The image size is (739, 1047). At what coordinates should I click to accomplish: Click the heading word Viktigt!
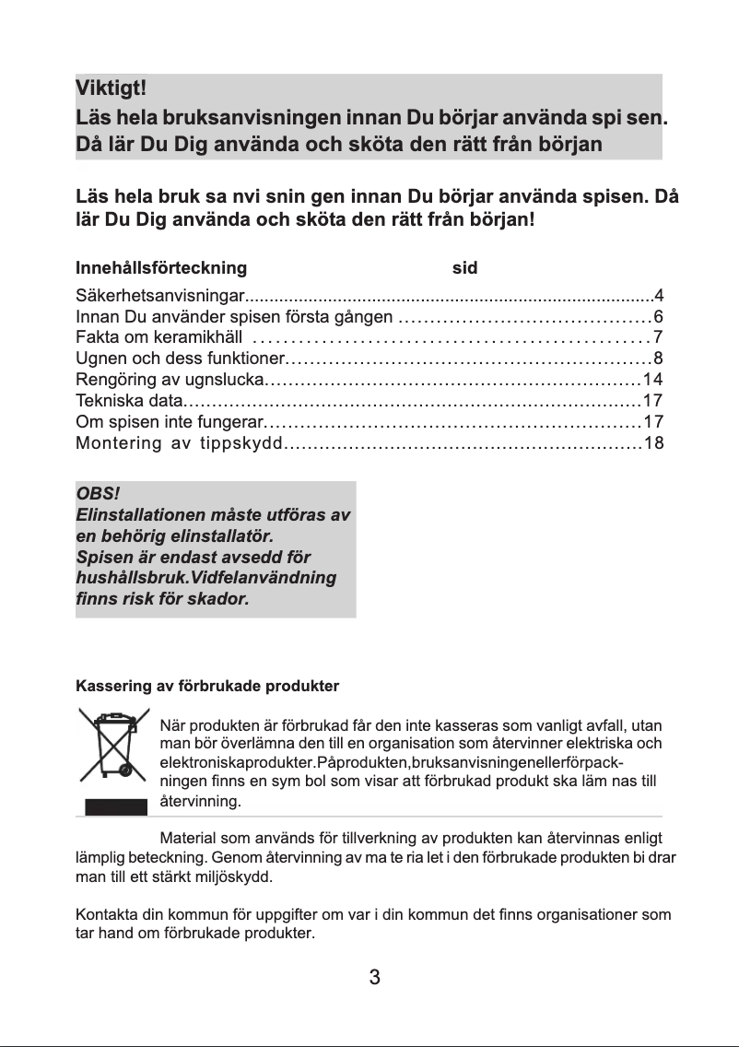(x=111, y=90)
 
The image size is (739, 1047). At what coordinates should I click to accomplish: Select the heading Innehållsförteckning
(x=161, y=268)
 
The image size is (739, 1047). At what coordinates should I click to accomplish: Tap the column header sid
(x=464, y=268)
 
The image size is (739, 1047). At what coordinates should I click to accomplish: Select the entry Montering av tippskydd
(x=178, y=443)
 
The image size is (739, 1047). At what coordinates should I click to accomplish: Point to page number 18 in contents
(x=654, y=443)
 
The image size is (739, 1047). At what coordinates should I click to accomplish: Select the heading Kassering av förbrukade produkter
(x=207, y=687)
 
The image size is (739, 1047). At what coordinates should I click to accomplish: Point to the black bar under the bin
(x=116, y=807)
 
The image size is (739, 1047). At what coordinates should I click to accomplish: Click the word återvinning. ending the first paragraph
(x=201, y=802)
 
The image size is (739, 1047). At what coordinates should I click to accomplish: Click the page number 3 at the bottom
(x=375, y=978)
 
